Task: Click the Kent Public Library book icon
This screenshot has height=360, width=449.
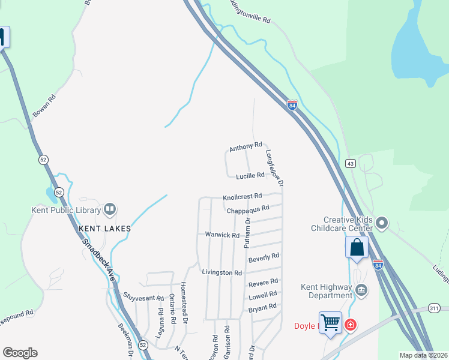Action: pyautogui.click(x=110, y=209)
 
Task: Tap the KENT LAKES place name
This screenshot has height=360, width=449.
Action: pyautogui.click(x=104, y=229)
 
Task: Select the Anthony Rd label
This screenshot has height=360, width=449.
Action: pyautogui.click(x=246, y=146)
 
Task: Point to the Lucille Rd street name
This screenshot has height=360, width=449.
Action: pyautogui.click(x=250, y=176)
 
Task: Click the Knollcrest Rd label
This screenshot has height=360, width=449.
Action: pyautogui.click(x=243, y=196)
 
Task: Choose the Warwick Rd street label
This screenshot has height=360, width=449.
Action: pyautogui.click(x=222, y=235)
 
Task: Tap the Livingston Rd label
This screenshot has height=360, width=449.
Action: pyautogui.click(x=221, y=272)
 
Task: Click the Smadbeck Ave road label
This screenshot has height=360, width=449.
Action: pyautogui.click(x=100, y=258)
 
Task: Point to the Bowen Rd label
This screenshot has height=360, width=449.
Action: pyautogui.click(x=44, y=105)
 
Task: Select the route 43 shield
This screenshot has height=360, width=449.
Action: pyautogui.click(x=350, y=163)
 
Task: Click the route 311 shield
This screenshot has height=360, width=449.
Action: pyautogui.click(x=434, y=308)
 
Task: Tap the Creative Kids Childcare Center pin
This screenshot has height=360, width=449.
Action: pyautogui.click(x=382, y=224)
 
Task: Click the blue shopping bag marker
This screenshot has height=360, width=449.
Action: pyautogui.click(x=357, y=247)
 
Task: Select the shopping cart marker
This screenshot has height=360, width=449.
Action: pyautogui.click(x=331, y=323)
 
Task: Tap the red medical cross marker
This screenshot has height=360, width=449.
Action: pyautogui.click(x=350, y=326)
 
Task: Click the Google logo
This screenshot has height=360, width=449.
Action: pyautogui.click(x=20, y=353)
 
